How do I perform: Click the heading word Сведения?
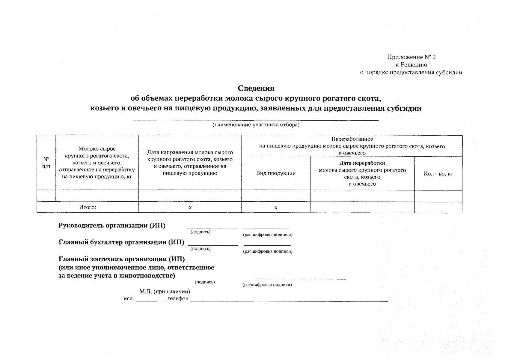pyautogui.click(x=256, y=88)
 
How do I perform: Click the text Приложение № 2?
pyautogui.click(x=411, y=57)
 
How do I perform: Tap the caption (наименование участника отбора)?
pyautogui.click(x=256, y=125)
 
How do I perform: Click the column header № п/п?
pyautogui.click(x=46, y=162)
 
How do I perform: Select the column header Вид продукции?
pyautogui.click(x=276, y=173)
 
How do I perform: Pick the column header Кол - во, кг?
pyautogui.click(x=438, y=174)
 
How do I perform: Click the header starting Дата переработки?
pyautogui.click(x=362, y=163)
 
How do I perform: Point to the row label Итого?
pyautogui.click(x=88, y=207)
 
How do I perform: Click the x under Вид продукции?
pyautogui.click(x=276, y=208)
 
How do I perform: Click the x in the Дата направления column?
pyautogui.click(x=190, y=208)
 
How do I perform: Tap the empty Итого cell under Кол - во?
pyautogui.click(x=438, y=207)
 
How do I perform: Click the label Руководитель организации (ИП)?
pyautogui.click(x=112, y=226)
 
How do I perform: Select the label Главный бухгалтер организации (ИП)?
pyautogui.click(x=121, y=242)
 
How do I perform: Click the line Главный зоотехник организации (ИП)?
pyautogui.click(x=121, y=259)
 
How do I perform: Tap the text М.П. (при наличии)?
pyautogui.click(x=165, y=292)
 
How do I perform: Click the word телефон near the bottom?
pyautogui.click(x=178, y=299)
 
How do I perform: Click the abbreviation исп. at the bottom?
pyautogui.click(x=129, y=299)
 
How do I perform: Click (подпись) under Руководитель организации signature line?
pyautogui.click(x=201, y=232)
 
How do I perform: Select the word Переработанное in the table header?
pyautogui.click(x=352, y=139)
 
